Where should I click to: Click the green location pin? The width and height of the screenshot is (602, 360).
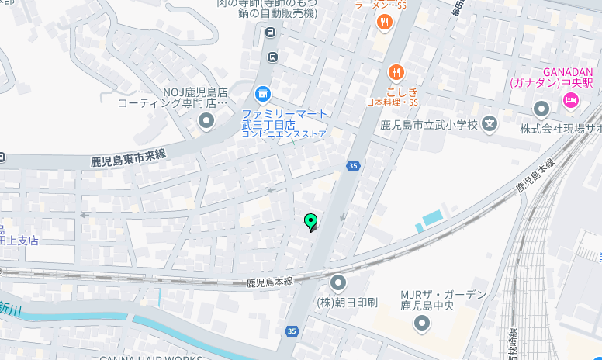(x=311, y=222)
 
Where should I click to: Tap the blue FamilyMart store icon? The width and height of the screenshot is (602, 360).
(x=263, y=95)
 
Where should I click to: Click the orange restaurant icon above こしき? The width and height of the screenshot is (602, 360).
(x=396, y=73)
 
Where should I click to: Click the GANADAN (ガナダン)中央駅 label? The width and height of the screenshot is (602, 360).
(x=551, y=77)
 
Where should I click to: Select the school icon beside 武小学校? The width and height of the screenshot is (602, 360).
(x=490, y=122)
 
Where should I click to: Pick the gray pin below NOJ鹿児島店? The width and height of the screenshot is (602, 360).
(x=206, y=120)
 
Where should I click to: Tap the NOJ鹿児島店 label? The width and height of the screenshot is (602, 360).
(x=195, y=92)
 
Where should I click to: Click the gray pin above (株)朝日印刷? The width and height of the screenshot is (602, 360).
(x=338, y=283)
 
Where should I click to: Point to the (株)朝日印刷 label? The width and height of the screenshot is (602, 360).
(x=348, y=302)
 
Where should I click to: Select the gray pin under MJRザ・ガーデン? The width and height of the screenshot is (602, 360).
(x=421, y=323)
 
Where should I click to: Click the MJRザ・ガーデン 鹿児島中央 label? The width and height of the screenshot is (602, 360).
(x=443, y=300)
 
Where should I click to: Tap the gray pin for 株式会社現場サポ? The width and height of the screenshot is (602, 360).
(x=541, y=108)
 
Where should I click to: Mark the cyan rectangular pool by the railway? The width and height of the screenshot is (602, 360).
(x=432, y=217)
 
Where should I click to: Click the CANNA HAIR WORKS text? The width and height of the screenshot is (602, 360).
(x=150, y=358)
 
